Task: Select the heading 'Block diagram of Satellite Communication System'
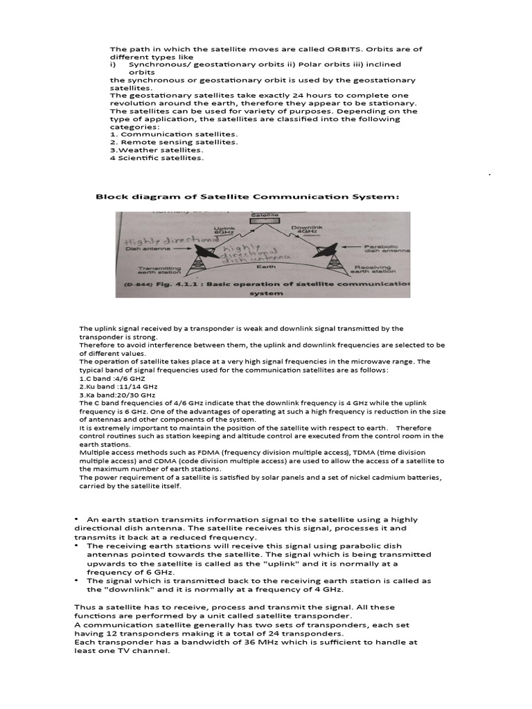point(247,197)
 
